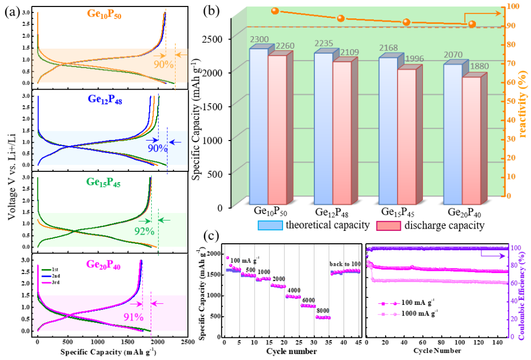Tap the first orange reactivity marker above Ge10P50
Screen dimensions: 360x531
[274, 11]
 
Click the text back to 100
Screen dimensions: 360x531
[345, 264]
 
